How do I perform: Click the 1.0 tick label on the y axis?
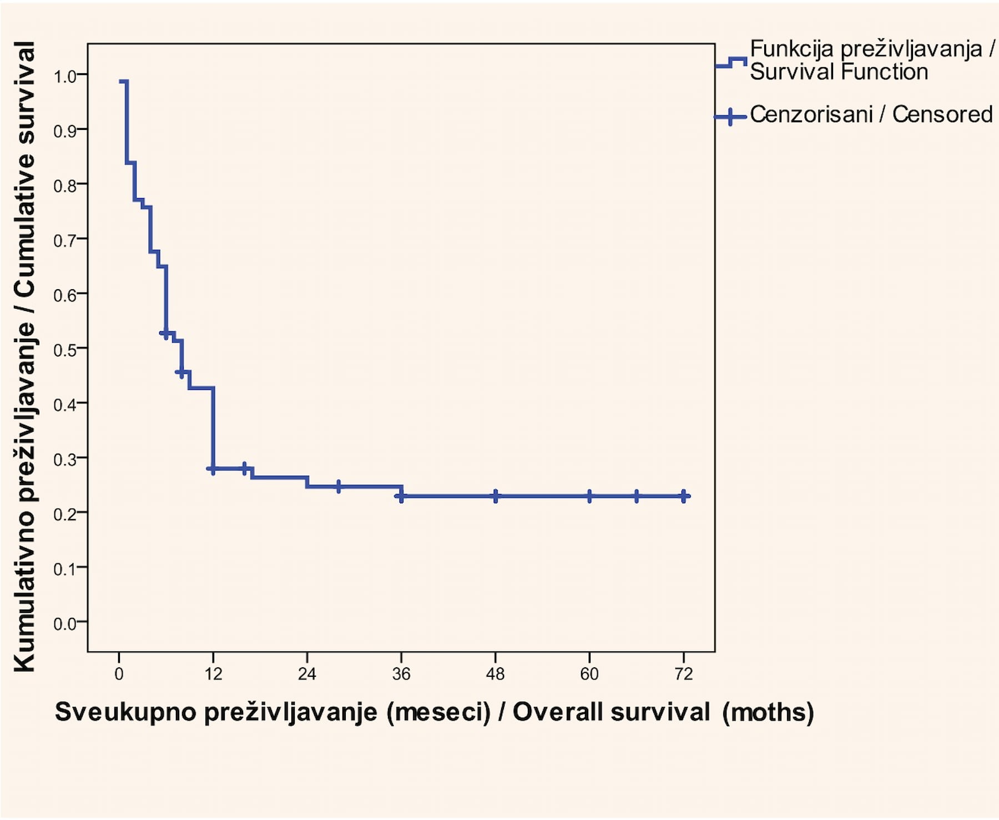click(65, 77)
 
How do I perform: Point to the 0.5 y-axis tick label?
click(65, 350)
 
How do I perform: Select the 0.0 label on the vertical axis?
click(65, 624)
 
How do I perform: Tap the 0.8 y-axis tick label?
click(65, 186)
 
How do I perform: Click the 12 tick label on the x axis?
click(213, 674)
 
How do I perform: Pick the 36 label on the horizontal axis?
click(401, 674)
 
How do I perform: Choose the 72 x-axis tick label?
click(684, 674)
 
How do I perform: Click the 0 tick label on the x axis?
click(119, 674)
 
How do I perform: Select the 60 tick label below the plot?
click(589, 674)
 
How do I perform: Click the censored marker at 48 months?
click(496, 496)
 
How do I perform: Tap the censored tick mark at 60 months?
click(589, 496)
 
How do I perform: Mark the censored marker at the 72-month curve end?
click(684, 496)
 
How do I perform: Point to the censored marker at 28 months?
click(339, 486)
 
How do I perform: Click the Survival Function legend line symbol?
click(731, 62)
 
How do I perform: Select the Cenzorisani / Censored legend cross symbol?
click(730, 117)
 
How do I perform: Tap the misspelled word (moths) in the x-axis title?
click(768, 712)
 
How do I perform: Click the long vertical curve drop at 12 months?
click(213, 428)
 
